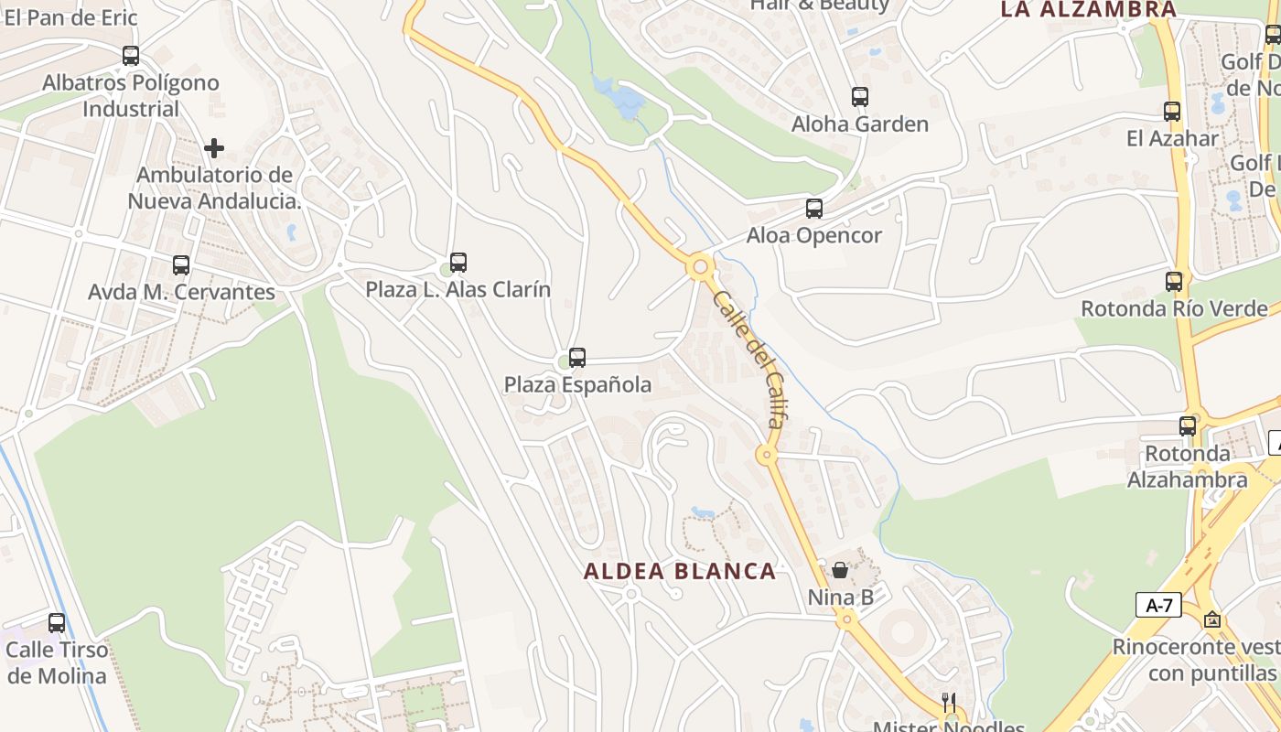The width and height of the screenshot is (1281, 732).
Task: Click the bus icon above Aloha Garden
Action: (x=859, y=97)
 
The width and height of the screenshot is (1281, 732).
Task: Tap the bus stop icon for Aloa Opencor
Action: (x=813, y=209)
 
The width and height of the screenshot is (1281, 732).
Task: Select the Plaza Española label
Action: (x=577, y=384)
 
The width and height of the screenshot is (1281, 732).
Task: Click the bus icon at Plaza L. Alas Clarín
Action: (x=458, y=263)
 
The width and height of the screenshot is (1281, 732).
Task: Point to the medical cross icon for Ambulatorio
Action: (x=214, y=147)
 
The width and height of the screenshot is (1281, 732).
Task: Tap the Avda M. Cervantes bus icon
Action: (x=181, y=265)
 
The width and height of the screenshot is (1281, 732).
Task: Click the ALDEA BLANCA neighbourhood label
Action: (x=680, y=572)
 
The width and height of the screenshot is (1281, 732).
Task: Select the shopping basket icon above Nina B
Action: (x=840, y=570)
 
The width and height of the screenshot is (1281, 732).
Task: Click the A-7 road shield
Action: (x=1158, y=605)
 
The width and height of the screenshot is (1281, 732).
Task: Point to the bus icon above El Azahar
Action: (x=1172, y=112)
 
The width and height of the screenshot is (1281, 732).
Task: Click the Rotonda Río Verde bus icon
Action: (x=1174, y=282)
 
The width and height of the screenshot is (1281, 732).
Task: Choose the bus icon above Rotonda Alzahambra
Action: (x=1188, y=425)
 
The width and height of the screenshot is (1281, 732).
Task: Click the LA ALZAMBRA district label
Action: (x=1088, y=10)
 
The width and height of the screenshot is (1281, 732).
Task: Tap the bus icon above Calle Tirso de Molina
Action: (x=57, y=623)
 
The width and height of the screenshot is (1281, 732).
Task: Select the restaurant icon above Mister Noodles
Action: (x=949, y=703)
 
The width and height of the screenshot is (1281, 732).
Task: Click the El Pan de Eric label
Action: (x=70, y=16)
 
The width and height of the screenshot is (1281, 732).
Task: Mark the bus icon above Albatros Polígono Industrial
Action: (x=131, y=56)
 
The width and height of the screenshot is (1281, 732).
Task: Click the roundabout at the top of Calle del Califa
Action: (x=701, y=267)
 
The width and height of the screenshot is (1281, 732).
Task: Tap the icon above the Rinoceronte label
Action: (x=1212, y=619)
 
